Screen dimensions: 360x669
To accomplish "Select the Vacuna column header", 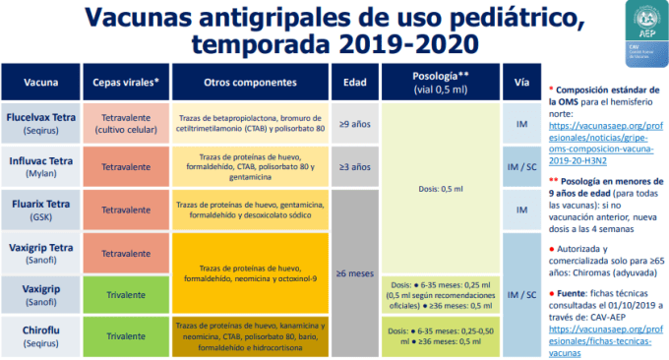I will click(39, 82).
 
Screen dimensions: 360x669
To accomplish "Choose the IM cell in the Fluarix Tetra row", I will click(520, 210).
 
